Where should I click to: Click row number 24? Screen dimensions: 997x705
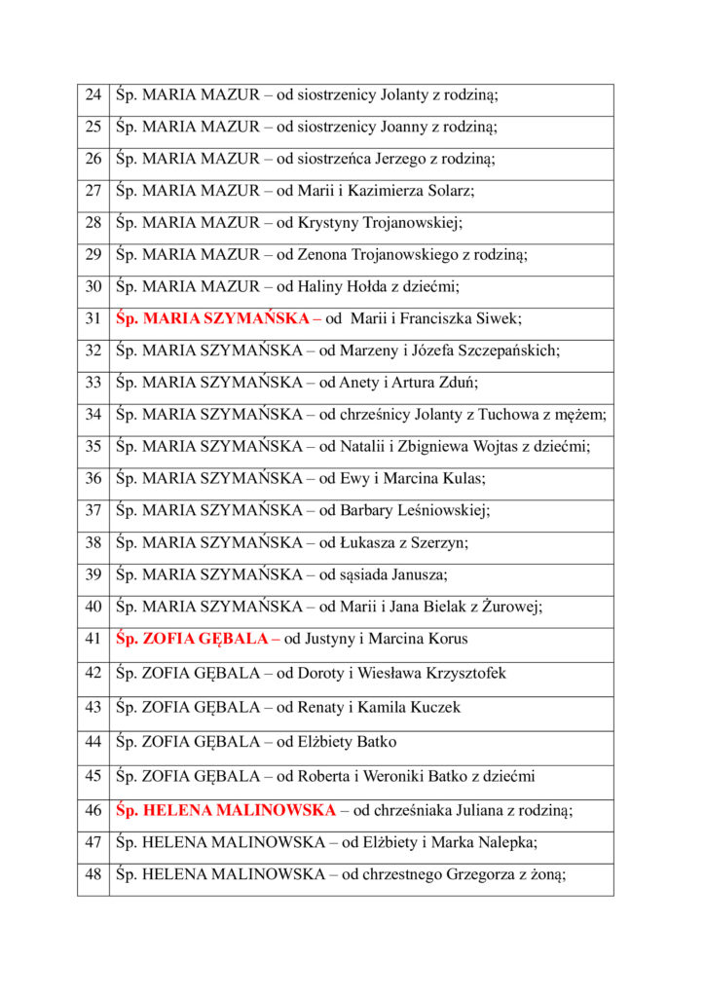pos(93,95)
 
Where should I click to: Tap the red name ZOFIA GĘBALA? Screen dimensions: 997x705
pos(205,640)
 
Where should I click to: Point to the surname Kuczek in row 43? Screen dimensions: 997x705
pos(436,708)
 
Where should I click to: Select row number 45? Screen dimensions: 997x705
pos(93,777)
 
